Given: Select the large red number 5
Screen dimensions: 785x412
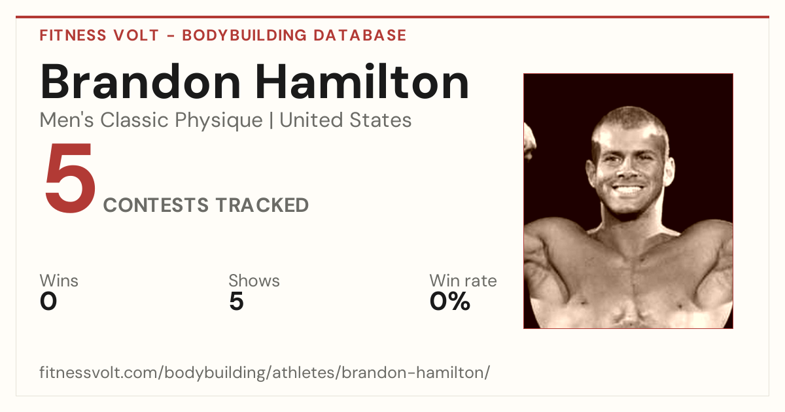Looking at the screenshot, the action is click(x=71, y=178).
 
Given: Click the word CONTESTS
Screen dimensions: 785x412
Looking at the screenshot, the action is click(x=156, y=205).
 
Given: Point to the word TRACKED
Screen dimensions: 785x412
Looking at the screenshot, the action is click(x=262, y=205).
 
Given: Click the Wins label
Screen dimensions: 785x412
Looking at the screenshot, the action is click(x=59, y=281).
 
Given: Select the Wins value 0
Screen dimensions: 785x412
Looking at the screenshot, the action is click(x=48, y=301).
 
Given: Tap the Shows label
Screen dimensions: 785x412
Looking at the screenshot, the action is click(x=254, y=281).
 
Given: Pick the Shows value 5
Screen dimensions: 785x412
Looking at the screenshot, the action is click(x=236, y=301).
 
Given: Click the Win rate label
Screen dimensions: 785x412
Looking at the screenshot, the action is click(x=463, y=281).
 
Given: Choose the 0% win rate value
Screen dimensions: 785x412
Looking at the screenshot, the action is click(x=450, y=301).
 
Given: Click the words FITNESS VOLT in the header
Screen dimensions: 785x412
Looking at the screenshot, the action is click(x=99, y=35).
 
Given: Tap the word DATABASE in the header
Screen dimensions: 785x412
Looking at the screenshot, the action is click(x=360, y=35).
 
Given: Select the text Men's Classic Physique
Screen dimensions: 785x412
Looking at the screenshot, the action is click(x=151, y=120).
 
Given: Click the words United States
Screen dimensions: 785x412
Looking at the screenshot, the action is click(x=345, y=120).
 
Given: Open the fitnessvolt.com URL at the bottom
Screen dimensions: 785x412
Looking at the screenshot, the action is click(x=264, y=372).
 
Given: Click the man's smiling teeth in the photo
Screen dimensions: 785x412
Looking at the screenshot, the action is click(x=627, y=190).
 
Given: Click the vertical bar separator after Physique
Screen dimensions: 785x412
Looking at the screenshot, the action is click(x=271, y=120).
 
